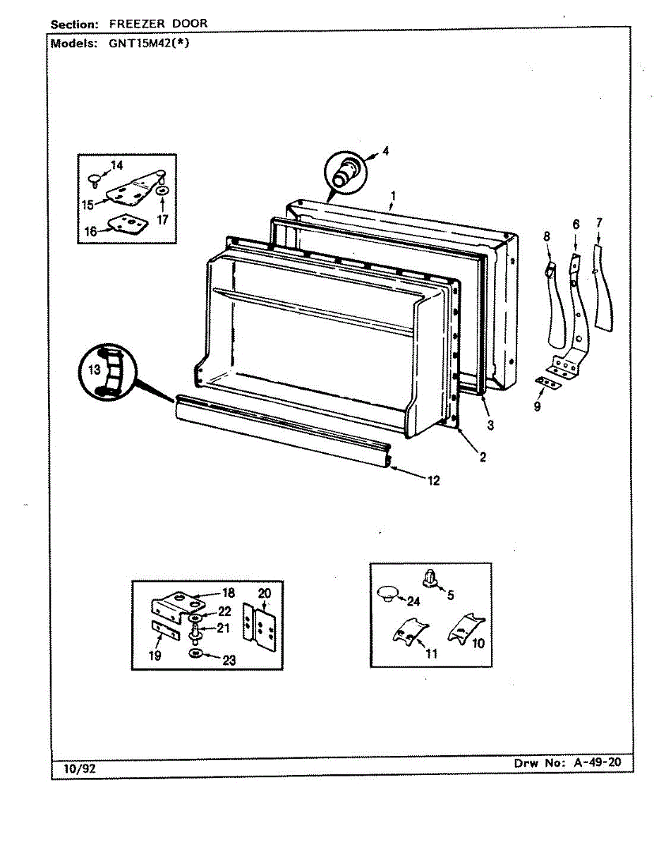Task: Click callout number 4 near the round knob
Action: (386, 150)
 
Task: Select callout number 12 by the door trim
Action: (433, 481)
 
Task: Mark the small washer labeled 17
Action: (162, 191)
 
